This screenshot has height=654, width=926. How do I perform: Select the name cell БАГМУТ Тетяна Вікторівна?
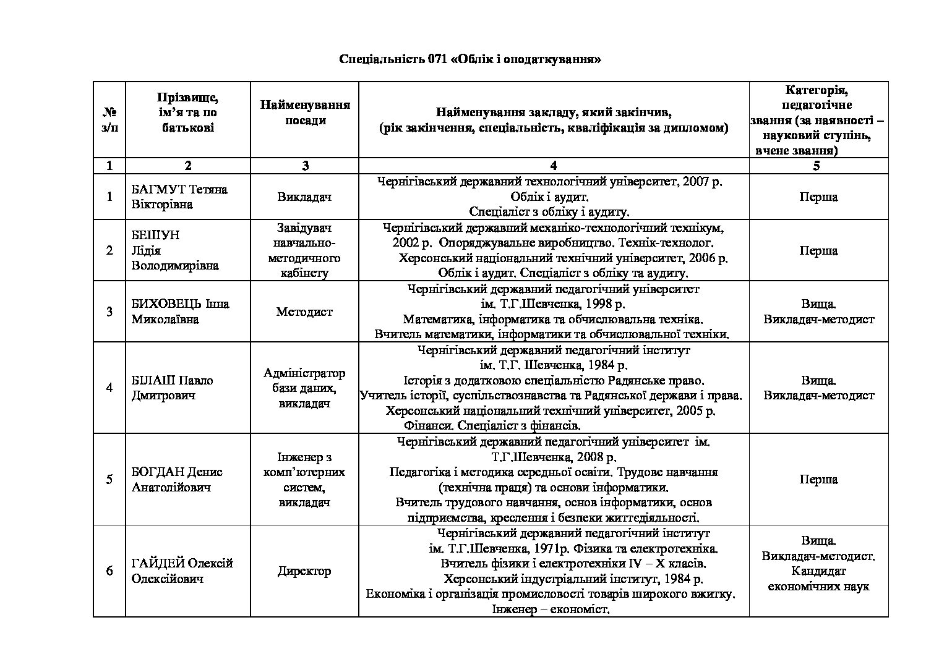(x=179, y=197)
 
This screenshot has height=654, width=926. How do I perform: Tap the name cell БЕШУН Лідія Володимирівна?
(x=175, y=250)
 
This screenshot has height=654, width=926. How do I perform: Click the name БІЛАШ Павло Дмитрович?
(x=172, y=388)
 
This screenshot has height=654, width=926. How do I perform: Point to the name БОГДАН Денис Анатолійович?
(x=177, y=479)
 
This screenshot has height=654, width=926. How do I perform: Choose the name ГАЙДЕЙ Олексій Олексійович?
(x=182, y=571)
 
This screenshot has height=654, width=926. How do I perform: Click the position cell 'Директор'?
(x=304, y=571)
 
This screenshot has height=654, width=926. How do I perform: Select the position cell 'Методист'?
(x=304, y=312)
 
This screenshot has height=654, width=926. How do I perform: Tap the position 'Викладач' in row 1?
(x=304, y=197)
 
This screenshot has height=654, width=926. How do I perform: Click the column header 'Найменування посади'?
(x=305, y=113)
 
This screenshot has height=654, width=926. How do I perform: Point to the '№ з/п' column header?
(x=109, y=120)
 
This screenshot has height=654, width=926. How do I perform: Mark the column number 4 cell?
(x=554, y=165)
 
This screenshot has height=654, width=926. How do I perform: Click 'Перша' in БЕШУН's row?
(x=818, y=250)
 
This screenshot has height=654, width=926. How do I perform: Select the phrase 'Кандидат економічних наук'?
(x=818, y=579)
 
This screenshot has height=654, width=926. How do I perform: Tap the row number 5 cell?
(x=109, y=479)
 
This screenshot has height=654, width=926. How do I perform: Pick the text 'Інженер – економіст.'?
(x=551, y=609)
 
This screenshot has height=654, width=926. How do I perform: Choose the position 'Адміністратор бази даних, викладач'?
(x=304, y=388)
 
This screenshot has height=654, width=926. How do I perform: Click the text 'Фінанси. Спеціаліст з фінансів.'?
(x=492, y=425)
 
